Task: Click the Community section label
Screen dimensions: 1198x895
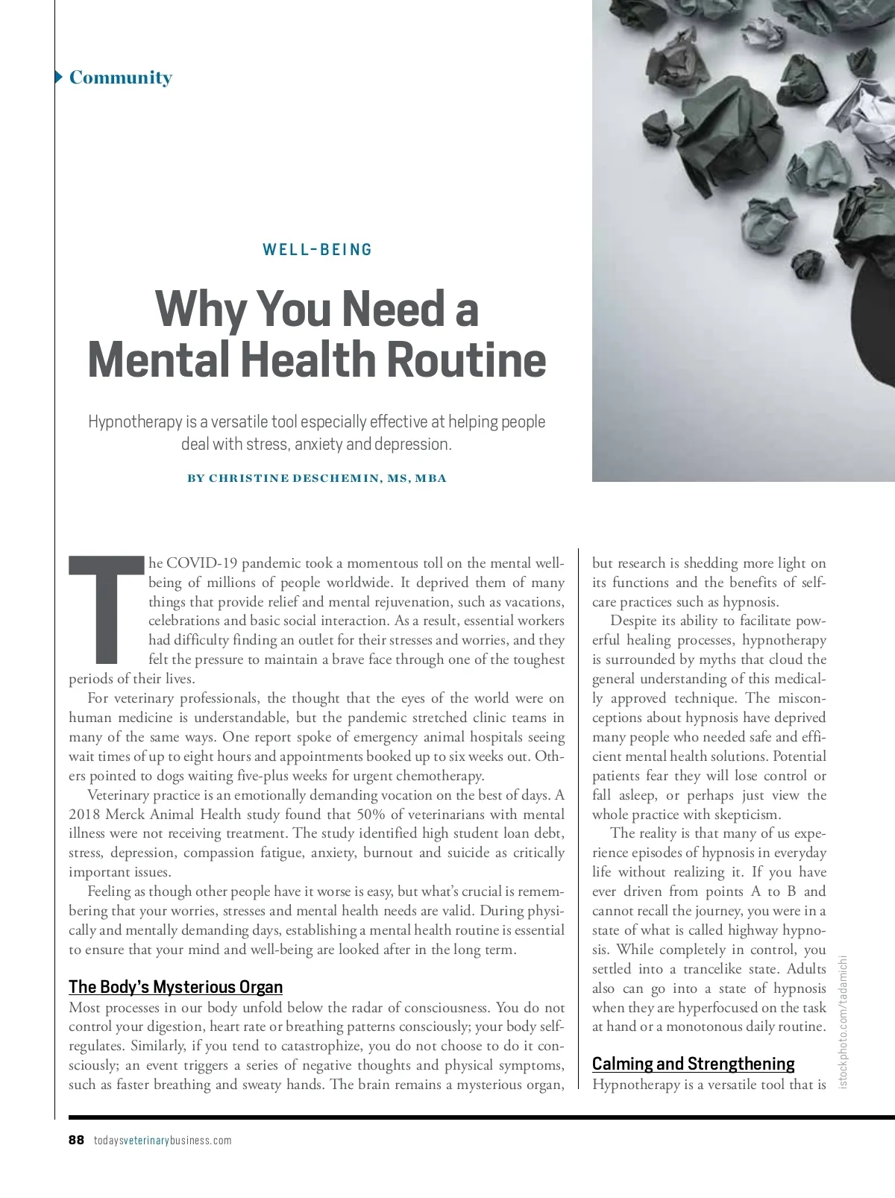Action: [120, 78]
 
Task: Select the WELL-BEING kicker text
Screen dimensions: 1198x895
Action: [317, 250]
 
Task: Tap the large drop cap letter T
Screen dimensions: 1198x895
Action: [106, 609]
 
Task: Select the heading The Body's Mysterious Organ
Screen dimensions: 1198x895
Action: [175, 987]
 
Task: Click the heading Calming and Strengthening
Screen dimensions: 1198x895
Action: [693, 1064]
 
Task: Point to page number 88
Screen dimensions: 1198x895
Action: [76, 1140]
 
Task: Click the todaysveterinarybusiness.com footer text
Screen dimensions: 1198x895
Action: [163, 1141]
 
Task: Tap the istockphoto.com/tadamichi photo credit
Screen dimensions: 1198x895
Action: [844, 1021]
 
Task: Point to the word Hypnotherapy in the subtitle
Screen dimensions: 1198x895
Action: [135, 422]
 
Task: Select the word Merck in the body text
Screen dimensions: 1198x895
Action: [125, 814]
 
